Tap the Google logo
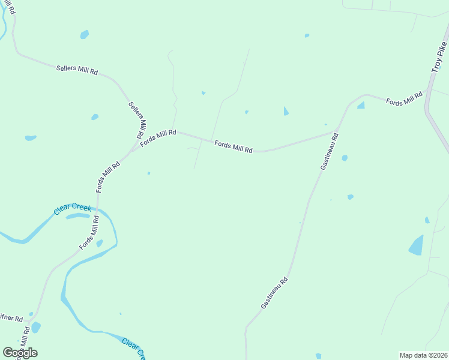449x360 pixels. (20, 353)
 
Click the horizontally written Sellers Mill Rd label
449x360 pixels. (77, 70)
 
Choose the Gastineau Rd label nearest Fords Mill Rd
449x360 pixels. (329, 151)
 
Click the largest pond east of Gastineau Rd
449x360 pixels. (416, 245)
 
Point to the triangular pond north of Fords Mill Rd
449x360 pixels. (286, 111)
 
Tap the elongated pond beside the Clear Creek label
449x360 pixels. (77, 215)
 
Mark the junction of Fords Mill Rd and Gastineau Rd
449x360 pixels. (336, 132)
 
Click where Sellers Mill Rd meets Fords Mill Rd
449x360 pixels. (134, 148)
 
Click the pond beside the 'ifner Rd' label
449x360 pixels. (35, 328)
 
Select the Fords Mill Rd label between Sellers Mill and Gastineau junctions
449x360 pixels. (234, 146)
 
